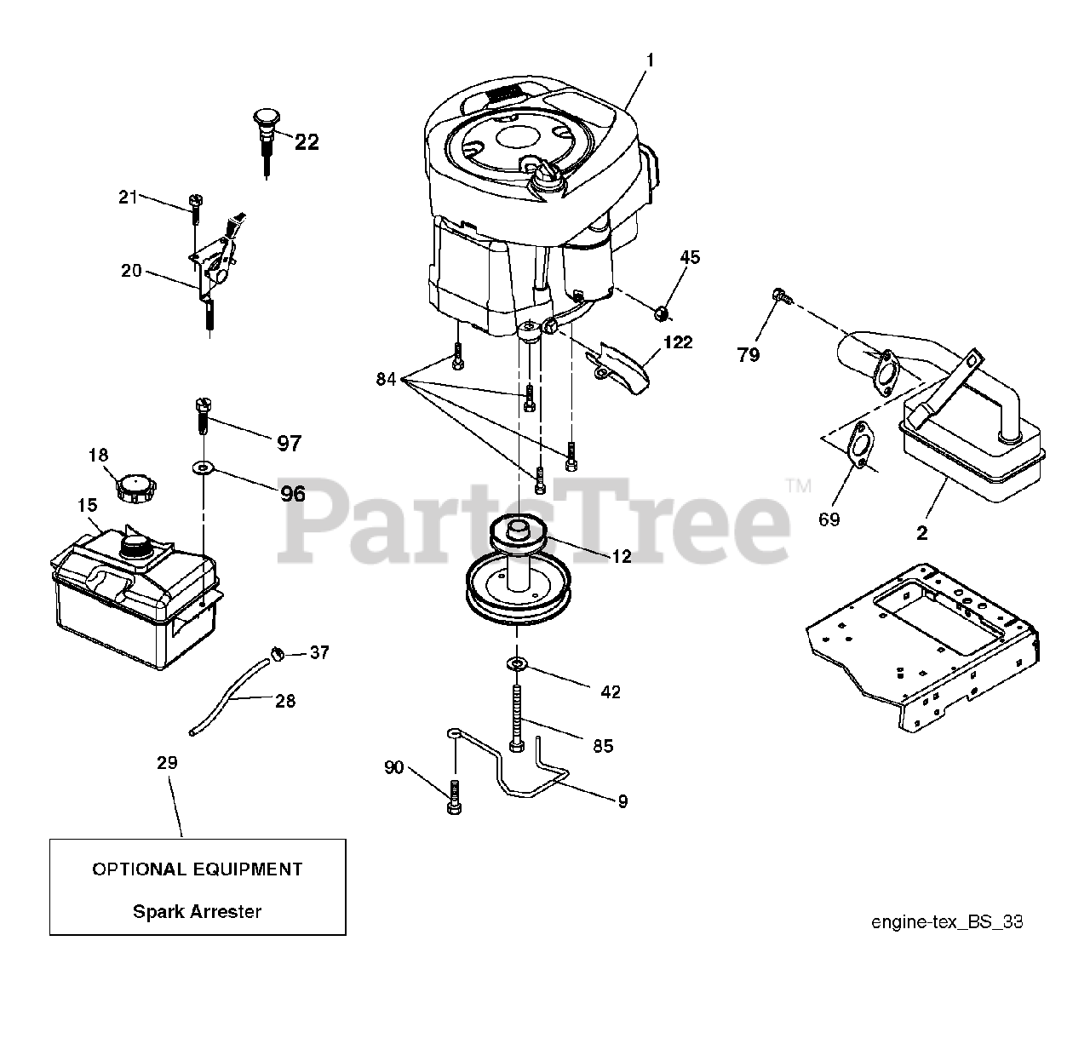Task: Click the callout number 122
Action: coord(677,342)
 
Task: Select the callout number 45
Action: coord(690,257)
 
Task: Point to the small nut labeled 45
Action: coord(660,315)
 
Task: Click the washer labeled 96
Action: coord(204,468)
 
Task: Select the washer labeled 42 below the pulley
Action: coord(516,663)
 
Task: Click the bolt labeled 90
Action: coord(453,797)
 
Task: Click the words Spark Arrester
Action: coord(197,911)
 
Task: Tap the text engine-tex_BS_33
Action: coord(946,922)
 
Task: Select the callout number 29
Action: coord(168,762)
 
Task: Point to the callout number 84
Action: coord(386,379)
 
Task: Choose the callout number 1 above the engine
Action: coord(650,60)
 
